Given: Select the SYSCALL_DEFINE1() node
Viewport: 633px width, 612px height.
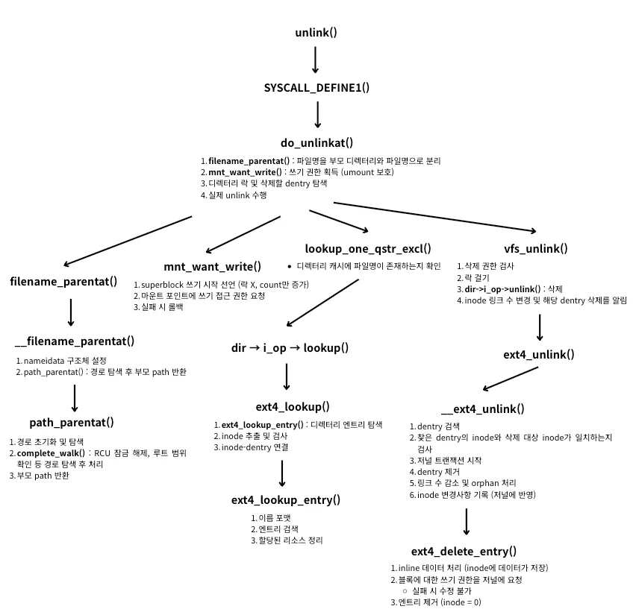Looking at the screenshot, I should [x=316, y=88].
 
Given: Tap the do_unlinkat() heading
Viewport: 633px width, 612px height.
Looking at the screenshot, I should [x=316, y=142].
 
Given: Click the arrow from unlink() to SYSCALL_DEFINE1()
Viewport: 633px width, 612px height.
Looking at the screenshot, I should [x=315, y=60].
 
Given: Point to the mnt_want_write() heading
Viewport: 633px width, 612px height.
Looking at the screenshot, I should [x=212, y=267].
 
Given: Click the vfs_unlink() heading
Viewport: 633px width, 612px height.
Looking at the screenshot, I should [x=536, y=249].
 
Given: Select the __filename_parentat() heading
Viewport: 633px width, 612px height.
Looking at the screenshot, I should [x=75, y=341].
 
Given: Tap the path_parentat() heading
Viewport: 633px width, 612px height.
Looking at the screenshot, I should [x=72, y=422].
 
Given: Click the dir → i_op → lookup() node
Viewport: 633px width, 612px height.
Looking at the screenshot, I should [x=290, y=347].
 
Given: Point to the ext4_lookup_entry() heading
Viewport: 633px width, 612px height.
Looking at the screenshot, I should [x=286, y=499].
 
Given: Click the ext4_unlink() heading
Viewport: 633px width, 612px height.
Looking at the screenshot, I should [x=539, y=354].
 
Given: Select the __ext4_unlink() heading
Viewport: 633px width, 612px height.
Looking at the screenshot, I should [x=482, y=408].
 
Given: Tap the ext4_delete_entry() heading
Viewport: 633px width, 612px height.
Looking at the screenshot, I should [x=464, y=551].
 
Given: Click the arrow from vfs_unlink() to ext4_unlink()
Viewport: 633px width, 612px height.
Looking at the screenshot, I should [x=539, y=326].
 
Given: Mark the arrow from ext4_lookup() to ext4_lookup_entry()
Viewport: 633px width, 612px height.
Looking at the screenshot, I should [x=282, y=473].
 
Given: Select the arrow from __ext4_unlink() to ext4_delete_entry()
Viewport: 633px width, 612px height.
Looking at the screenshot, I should [x=467, y=522].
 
